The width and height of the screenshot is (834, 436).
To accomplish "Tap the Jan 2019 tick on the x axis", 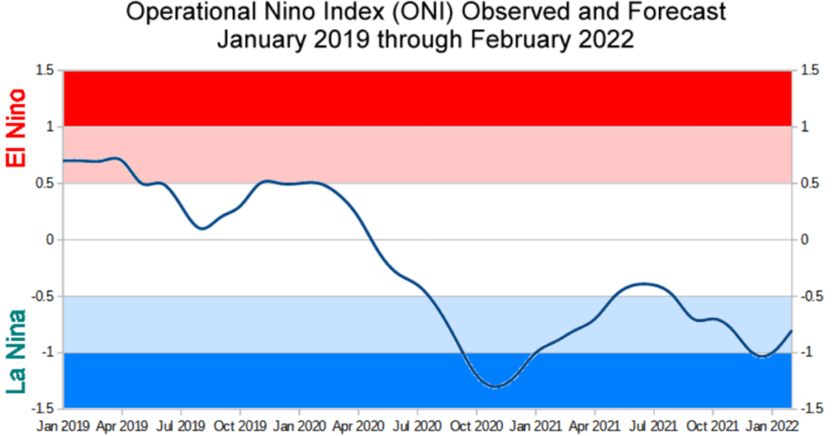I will (63, 425).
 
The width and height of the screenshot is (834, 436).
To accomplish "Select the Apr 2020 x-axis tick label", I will (358, 425).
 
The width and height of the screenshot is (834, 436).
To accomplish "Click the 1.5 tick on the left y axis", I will (43, 71).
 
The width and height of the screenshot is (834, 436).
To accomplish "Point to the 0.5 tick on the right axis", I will (810, 184).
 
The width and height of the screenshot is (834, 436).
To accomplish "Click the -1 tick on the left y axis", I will (47, 352).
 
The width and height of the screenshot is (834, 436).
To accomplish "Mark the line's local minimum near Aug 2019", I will (202, 229).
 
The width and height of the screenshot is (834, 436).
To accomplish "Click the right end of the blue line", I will (792, 330).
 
